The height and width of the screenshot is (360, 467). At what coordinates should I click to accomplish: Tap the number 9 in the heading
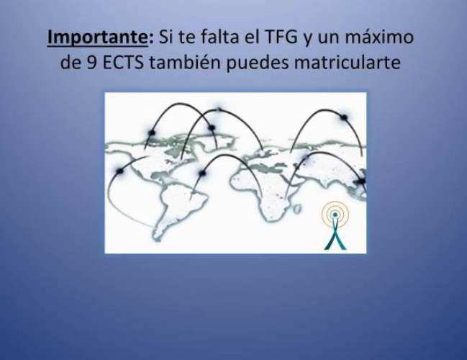(x=91, y=63)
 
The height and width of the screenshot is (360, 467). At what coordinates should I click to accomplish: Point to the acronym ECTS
(x=123, y=63)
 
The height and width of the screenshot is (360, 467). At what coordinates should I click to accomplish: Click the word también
(x=184, y=62)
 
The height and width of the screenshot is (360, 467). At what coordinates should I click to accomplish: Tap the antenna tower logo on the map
(x=335, y=225)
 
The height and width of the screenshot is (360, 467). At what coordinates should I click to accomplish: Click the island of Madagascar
(x=296, y=209)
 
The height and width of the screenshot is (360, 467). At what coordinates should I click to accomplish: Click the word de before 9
(x=71, y=63)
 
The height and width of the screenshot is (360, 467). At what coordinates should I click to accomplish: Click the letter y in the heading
(x=307, y=40)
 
